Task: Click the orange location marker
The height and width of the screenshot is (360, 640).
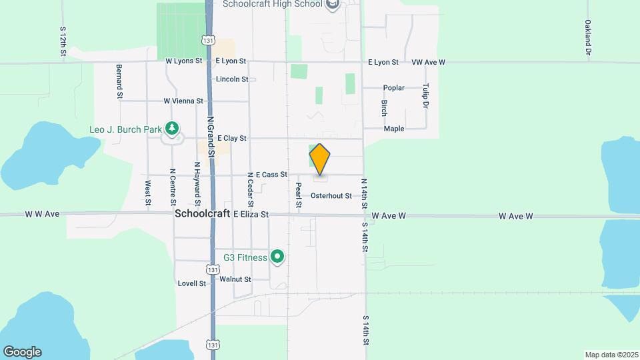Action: pos(320,159)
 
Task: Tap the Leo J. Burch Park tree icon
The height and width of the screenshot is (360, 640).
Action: pos(173,127)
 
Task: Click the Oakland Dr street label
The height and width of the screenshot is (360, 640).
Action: pos(588,37)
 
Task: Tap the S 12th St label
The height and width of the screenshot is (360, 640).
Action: pos(62,41)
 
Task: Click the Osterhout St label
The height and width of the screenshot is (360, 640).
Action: pos(331,196)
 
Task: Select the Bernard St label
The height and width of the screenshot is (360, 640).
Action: pos(119,82)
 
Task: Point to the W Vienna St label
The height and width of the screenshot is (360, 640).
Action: pos(183,101)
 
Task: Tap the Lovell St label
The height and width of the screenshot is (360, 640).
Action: pos(192,283)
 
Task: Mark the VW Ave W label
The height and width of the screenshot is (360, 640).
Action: pos(428,62)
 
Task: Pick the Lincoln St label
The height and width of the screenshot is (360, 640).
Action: pos(232,79)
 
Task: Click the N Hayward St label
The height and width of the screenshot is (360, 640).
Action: pos(197,183)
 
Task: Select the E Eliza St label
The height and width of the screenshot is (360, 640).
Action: pos(251,215)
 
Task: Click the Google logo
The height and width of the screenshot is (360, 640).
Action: pos(22,352)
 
